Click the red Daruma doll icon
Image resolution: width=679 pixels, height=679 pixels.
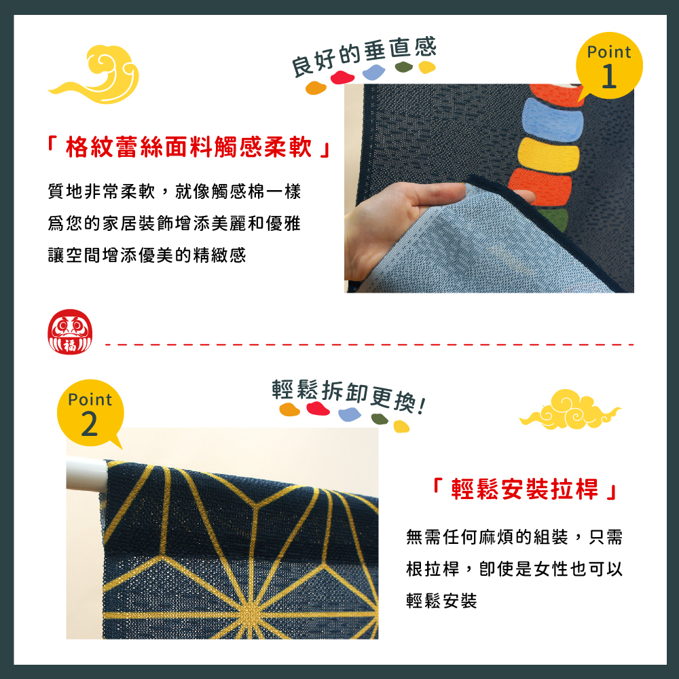70,332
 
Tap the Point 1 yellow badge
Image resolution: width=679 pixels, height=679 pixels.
609,67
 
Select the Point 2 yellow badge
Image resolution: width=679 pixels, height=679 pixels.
90,414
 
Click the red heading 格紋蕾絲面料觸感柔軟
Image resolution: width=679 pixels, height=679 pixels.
189,147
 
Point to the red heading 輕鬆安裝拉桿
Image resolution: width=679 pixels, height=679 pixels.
524,490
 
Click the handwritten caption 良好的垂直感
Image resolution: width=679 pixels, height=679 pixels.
364,56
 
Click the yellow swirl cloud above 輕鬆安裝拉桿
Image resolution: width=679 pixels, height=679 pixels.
570,409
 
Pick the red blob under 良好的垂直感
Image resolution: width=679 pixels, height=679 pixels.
342,77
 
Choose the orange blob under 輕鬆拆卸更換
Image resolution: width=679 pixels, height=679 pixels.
289,409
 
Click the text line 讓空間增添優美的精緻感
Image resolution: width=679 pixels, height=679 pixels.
147,255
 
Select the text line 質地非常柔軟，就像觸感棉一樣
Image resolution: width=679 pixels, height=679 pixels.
175,191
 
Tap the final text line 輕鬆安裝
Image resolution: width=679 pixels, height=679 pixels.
441,601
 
